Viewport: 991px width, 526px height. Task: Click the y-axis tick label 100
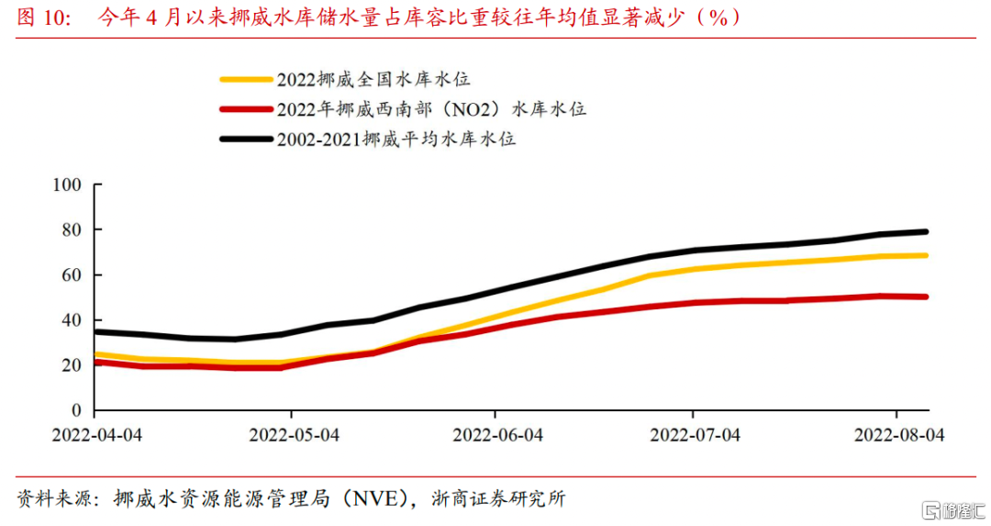pyautogui.click(x=70, y=185)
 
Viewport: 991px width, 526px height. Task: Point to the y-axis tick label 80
pyautogui.click(x=73, y=230)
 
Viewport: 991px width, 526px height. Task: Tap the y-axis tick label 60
pyautogui.click(x=73, y=275)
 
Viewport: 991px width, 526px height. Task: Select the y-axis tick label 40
pyautogui.click(x=73, y=320)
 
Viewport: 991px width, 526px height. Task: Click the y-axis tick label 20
pyautogui.click(x=73, y=365)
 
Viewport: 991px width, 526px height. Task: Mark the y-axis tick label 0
pyautogui.click(x=78, y=410)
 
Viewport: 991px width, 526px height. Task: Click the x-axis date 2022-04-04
pyautogui.click(x=96, y=435)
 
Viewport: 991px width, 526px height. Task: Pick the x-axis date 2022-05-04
pyautogui.click(x=295, y=435)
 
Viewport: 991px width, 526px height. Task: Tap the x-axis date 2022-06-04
pyautogui.click(x=497, y=435)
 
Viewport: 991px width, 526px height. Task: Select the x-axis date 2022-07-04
pyautogui.click(x=696, y=435)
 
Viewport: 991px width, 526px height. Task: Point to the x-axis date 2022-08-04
pyautogui.click(x=899, y=435)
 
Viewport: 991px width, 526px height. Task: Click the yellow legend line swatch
pyautogui.click(x=246, y=80)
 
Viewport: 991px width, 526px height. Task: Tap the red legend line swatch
pyautogui.click(x=246, y=110)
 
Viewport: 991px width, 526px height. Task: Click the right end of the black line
pyautogui.click(x=926, y=231)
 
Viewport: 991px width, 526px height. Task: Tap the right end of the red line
pyautogui.click(x=926, y=297)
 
